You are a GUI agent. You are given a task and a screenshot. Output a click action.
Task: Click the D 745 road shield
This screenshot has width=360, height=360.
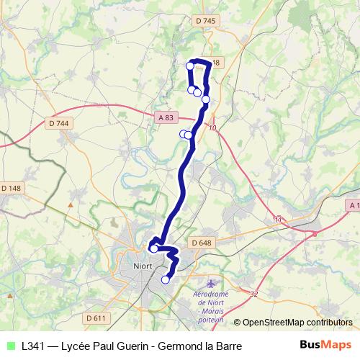tap(205, 22)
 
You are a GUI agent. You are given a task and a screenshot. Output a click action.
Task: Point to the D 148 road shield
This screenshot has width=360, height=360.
tap(12, 189)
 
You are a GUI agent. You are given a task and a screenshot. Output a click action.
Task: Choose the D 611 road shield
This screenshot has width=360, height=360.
tap(95, 318)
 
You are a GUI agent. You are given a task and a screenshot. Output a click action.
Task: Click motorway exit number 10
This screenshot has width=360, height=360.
tap(212, 128)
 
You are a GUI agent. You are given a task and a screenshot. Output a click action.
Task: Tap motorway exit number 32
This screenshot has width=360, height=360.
tap(253, 294)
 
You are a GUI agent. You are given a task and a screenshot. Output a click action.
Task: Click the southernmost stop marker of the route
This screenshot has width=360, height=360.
tap(166, 280)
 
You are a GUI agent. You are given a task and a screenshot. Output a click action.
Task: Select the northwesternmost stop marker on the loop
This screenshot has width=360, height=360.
tap(190, 66)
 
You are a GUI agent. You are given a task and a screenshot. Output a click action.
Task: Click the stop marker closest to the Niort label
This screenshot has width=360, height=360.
tap(153, 249)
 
